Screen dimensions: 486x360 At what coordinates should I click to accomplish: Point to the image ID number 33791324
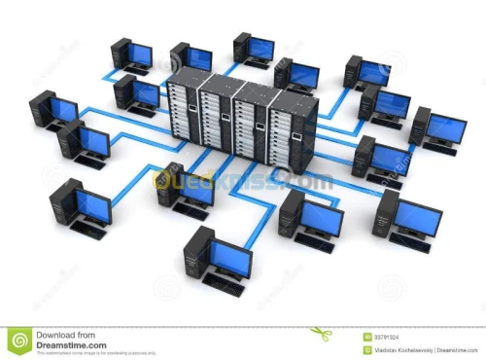(x=388, y=335)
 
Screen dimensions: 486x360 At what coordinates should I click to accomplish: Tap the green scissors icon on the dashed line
(x=321, y=333)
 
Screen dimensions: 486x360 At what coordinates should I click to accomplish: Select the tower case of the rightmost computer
(x=421, y=125)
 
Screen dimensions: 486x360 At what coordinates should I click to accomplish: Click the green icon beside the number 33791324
(x=366, y=335)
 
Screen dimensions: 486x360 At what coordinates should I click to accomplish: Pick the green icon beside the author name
(x=366, y=347)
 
